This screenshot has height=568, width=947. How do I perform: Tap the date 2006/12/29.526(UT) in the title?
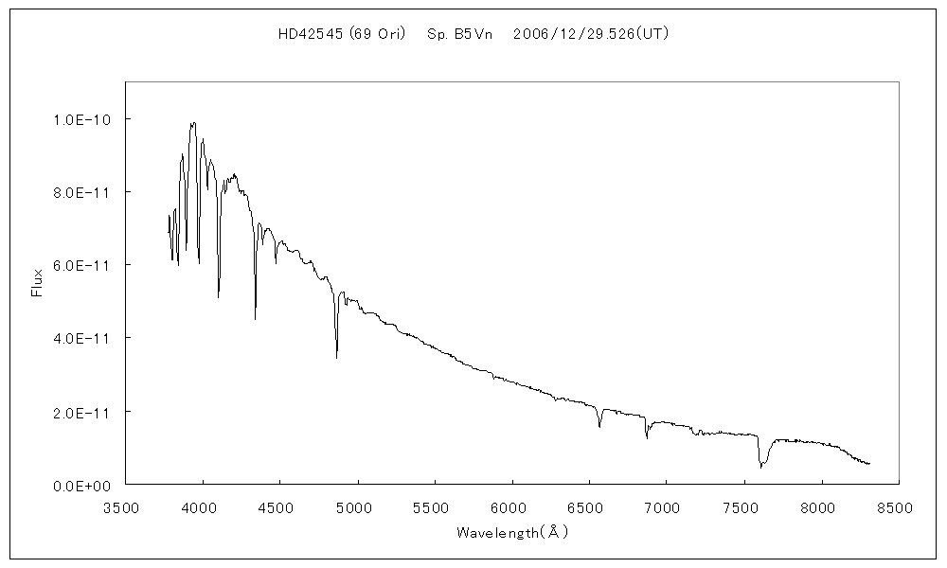pos(591,34)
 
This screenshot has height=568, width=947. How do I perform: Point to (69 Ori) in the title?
pos(377,34)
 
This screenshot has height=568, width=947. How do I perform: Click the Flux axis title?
pos(38,283)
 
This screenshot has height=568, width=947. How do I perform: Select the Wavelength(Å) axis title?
pos(512,532)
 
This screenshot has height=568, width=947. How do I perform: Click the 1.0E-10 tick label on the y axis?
pos(82,119)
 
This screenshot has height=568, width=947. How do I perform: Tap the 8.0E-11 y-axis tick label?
pos(82,192)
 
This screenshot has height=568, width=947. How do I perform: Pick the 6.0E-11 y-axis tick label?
pos(82,265)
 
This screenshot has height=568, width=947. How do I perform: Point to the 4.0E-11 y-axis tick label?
pos(82,338)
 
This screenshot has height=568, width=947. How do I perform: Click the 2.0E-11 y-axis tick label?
pos(82,412)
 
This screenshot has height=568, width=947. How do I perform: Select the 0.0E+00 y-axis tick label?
pos(82,485)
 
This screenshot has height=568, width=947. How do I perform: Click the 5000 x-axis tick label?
pos(357,507)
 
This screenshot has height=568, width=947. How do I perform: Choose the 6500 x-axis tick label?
pos(589,507)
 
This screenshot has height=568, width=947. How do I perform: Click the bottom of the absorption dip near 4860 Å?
pos(336,357)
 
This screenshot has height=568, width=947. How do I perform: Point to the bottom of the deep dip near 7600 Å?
pos(760,467)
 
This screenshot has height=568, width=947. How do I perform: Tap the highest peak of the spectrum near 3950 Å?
pos(193,123)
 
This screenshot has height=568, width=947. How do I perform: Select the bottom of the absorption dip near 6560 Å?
pos(599,427)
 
